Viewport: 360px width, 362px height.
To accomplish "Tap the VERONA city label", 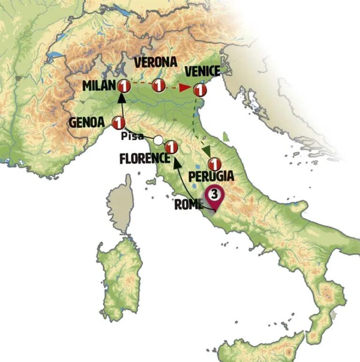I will (x=155, y=62).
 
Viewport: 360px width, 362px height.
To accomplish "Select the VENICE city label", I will (x=202, y=71).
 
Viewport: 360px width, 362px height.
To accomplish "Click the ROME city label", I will (x=188, y=205).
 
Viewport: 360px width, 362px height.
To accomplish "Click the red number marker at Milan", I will (x=124, y=86).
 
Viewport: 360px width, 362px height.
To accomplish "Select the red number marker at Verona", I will (x=159, y=86).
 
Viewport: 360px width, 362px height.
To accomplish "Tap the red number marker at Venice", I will (x=201, y=89).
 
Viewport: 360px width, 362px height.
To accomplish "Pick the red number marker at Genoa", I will (x=118, y=123).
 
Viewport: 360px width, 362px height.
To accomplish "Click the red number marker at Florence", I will (x=172, y=147).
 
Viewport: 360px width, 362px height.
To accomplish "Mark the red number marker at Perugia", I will (x=214, y=164).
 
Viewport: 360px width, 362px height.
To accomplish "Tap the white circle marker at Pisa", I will (x=158, y=140).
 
